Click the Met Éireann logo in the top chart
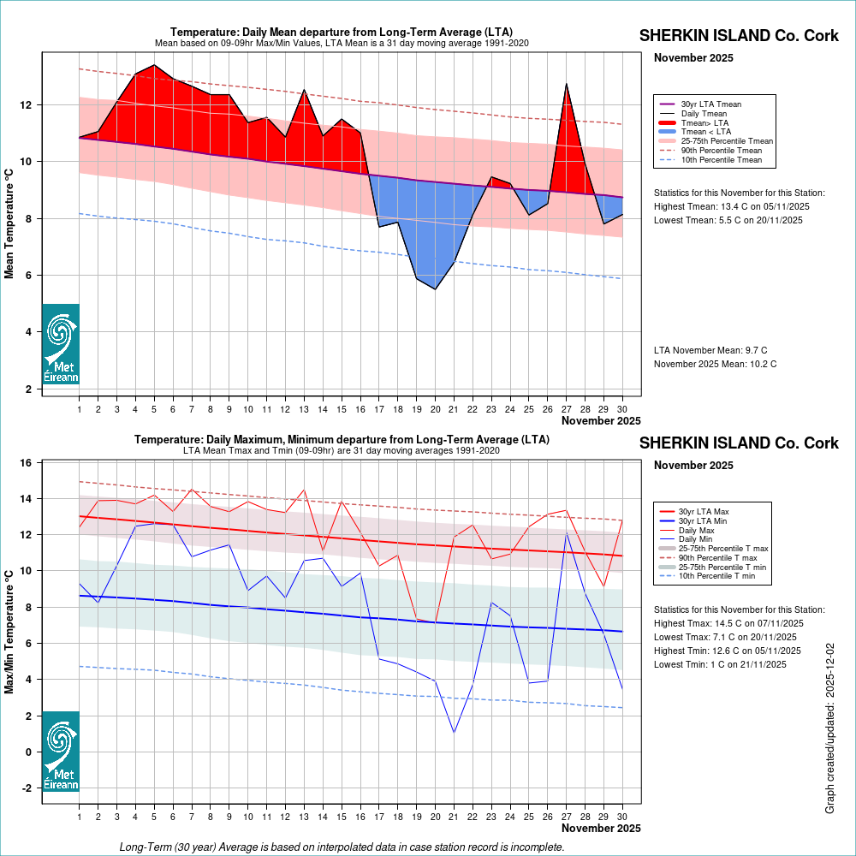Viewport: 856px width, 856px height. tap(61, 343)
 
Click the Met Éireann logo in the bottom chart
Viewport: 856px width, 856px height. tap(61, 751)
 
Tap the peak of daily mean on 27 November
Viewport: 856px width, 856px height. tap(566, 84)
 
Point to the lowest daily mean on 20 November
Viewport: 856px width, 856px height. tap(435, 289)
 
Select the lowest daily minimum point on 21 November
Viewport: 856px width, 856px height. tap(454, 733)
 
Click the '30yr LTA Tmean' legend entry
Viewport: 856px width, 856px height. tap(710, 104)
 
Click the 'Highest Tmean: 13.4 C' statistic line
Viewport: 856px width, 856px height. tap(731, 206)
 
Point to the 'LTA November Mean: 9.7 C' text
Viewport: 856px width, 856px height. tap(710, 350)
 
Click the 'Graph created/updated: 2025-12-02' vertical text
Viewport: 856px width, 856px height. tap(829, 728)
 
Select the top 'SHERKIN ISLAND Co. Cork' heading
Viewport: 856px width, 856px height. tap(740, 36)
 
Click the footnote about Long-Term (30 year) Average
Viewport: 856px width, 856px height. tap(342, 847)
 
